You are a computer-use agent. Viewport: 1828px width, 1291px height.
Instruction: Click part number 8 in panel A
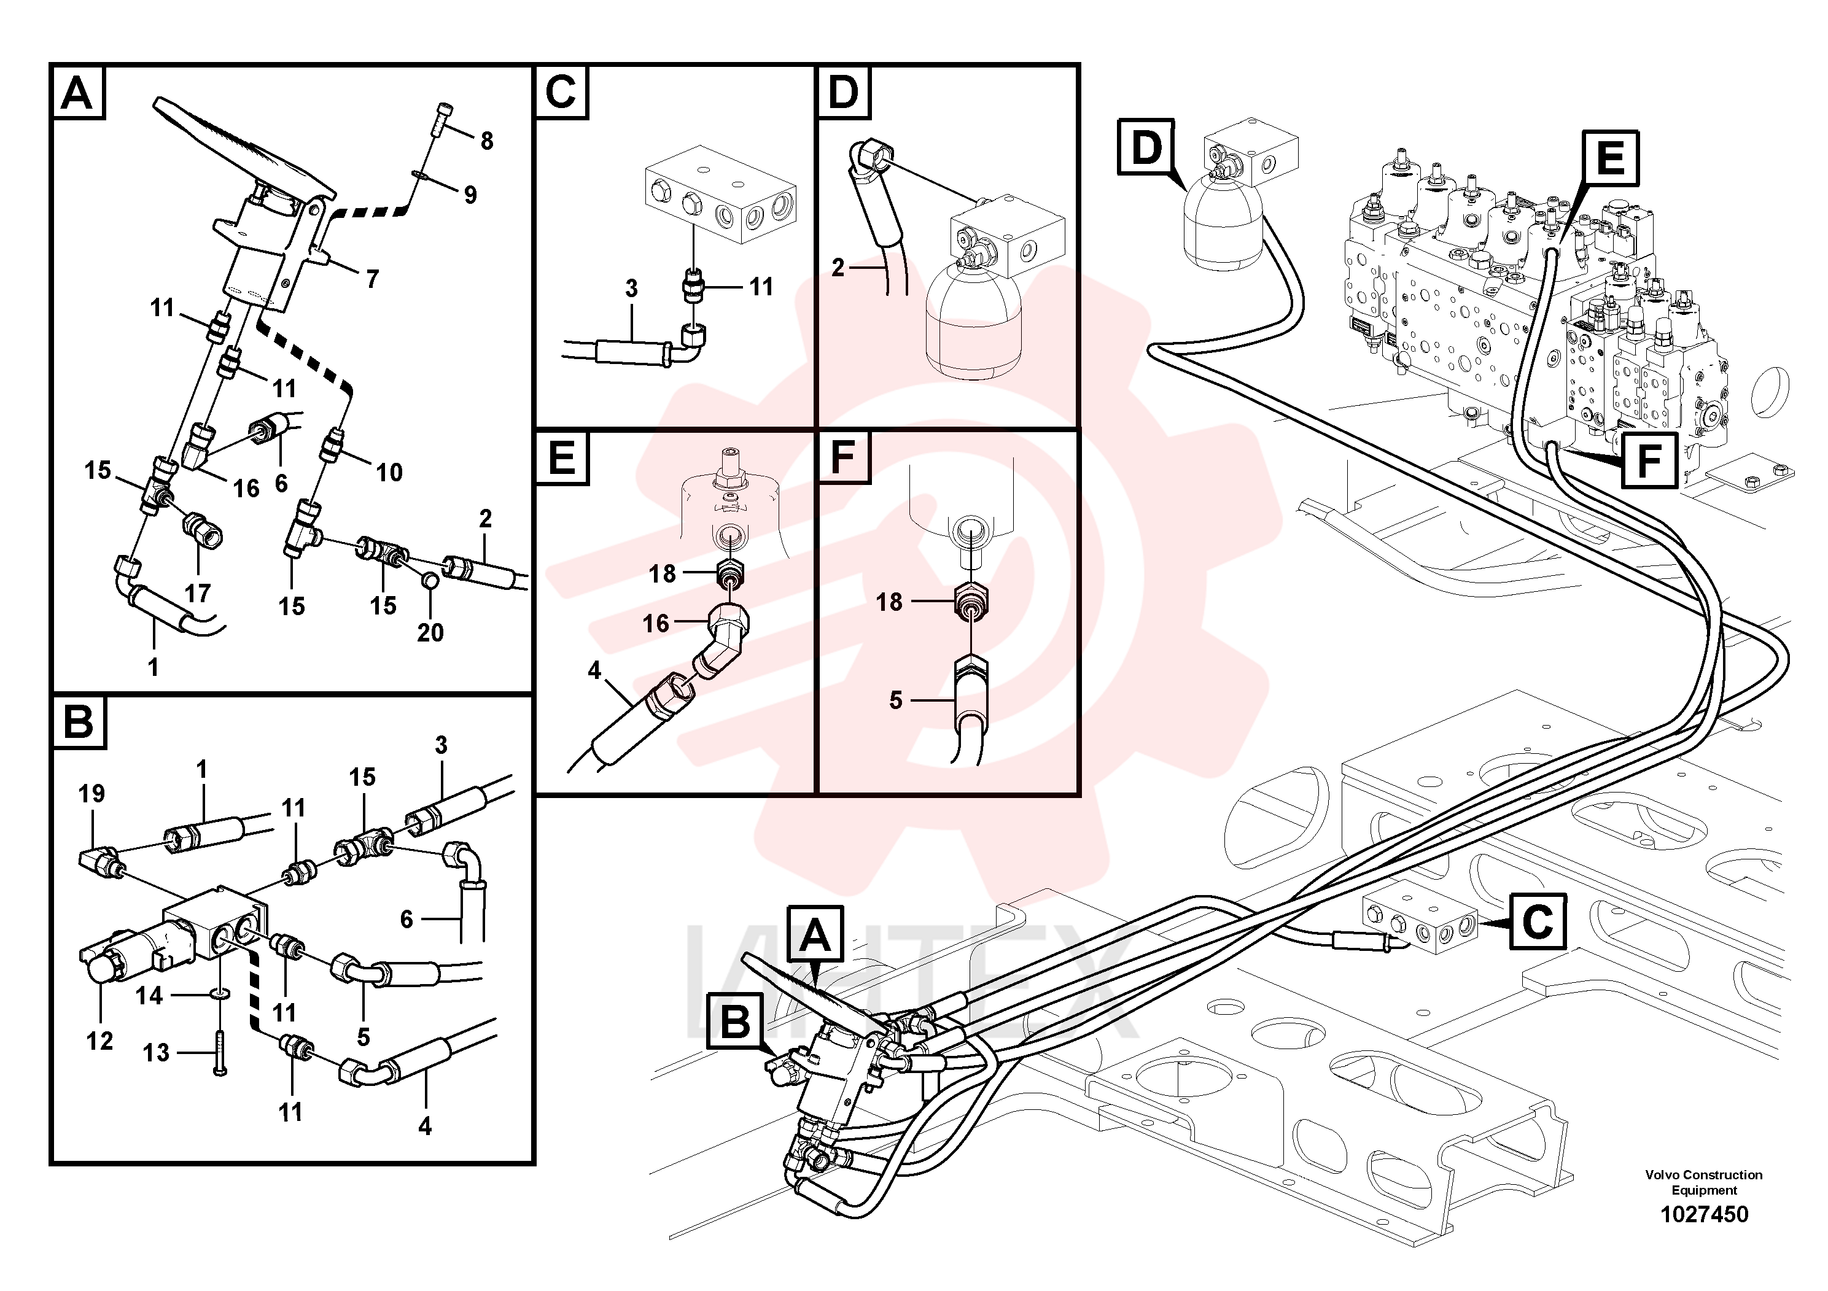pos(486,141)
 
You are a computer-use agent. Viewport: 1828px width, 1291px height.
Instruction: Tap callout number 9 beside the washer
pos(470,195)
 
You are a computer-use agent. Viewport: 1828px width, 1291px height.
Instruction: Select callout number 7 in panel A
pos(372,279)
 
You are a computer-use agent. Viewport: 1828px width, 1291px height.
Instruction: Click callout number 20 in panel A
pos(430,633)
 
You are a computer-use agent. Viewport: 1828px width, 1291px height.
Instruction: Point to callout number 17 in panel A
pos(198,593)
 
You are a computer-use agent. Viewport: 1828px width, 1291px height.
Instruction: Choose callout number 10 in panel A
pos(389,473)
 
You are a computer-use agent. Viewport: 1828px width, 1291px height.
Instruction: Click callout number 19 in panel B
pos(91,794)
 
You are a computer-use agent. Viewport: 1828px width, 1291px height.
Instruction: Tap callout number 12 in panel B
pos(99,1041)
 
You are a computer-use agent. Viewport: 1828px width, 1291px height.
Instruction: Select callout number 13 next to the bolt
pos(156,1053)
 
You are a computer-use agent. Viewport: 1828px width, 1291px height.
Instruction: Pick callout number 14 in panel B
pos(149,996)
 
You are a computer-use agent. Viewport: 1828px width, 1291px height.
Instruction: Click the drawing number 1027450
pos(1704,1215)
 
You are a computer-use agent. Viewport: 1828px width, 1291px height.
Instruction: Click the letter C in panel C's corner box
pos(561,92)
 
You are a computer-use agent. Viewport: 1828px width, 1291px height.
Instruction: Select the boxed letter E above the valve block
pos(1611,158)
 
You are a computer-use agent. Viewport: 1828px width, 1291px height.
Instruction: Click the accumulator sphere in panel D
pos(973,319)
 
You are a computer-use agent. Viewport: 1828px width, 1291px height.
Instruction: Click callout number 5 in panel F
pos(896,700)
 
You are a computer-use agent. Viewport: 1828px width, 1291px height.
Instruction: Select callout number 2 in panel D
pos(838,268)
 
